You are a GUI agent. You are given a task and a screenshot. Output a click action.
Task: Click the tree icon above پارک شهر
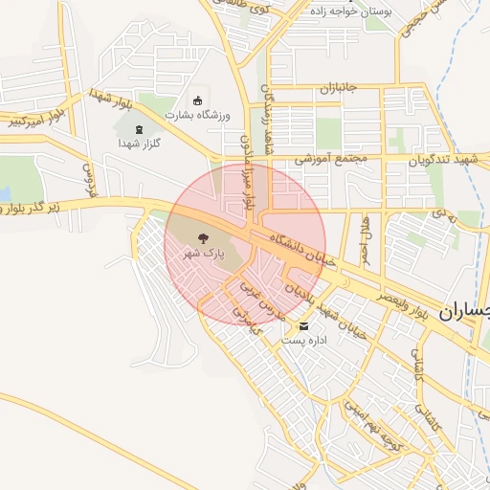[x=203, y=238]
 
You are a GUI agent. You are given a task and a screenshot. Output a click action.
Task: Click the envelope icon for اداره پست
[x=304, y=326]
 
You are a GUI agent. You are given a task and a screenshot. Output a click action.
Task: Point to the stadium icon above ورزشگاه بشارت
[x=198, y=100]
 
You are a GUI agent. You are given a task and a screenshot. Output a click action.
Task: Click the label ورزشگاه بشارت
[x=198, y=115]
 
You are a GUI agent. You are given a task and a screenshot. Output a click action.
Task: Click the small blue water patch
[x=4, y=194]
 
